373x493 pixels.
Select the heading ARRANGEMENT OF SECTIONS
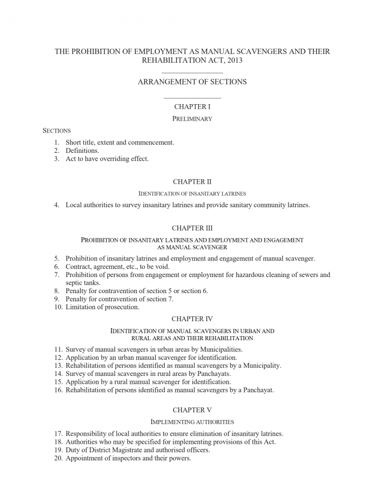(x=192, y=82)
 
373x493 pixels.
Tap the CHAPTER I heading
(x=192, y=107)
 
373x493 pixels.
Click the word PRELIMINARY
(x=192, y=119)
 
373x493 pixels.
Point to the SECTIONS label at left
(x=56, y=130)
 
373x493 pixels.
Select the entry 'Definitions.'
(x=82, y=150)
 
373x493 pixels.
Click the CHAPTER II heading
(x=192, y=182)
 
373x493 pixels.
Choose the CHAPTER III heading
(x=192, y=228)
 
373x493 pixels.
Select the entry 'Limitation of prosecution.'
(x=102, y=307)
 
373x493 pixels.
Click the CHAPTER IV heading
(x=192, y=318)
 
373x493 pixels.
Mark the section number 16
(x=58, y=390)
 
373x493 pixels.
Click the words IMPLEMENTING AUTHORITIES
(x=192, y=422)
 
